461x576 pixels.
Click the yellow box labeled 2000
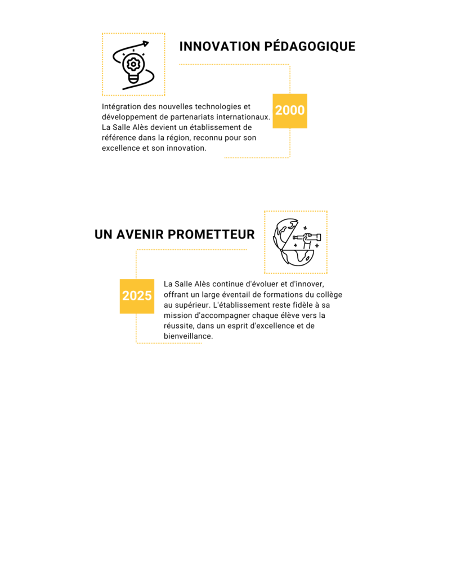coord(289,111)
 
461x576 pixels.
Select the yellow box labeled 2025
coord(137,296)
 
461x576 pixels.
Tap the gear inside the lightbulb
coord(133,64)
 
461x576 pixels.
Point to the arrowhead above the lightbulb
coord(146,43)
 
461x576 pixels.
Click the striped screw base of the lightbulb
coord(133,79)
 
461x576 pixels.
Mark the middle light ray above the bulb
coord(133,50)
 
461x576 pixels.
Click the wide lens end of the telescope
coord(318,237)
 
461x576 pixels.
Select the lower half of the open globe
coord(298,257)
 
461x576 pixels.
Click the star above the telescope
coord(305,228)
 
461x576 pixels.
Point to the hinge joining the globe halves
coord(282,250)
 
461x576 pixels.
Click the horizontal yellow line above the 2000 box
coord(234,64)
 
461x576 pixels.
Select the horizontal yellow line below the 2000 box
coord(257,157)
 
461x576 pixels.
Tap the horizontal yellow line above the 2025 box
coord(191,249)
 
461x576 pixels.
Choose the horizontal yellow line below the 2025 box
coord(169,343)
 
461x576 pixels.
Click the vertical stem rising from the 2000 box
coord(290,79)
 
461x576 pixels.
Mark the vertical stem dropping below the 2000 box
coord(290,143)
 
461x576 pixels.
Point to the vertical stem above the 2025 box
coord(136,264)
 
